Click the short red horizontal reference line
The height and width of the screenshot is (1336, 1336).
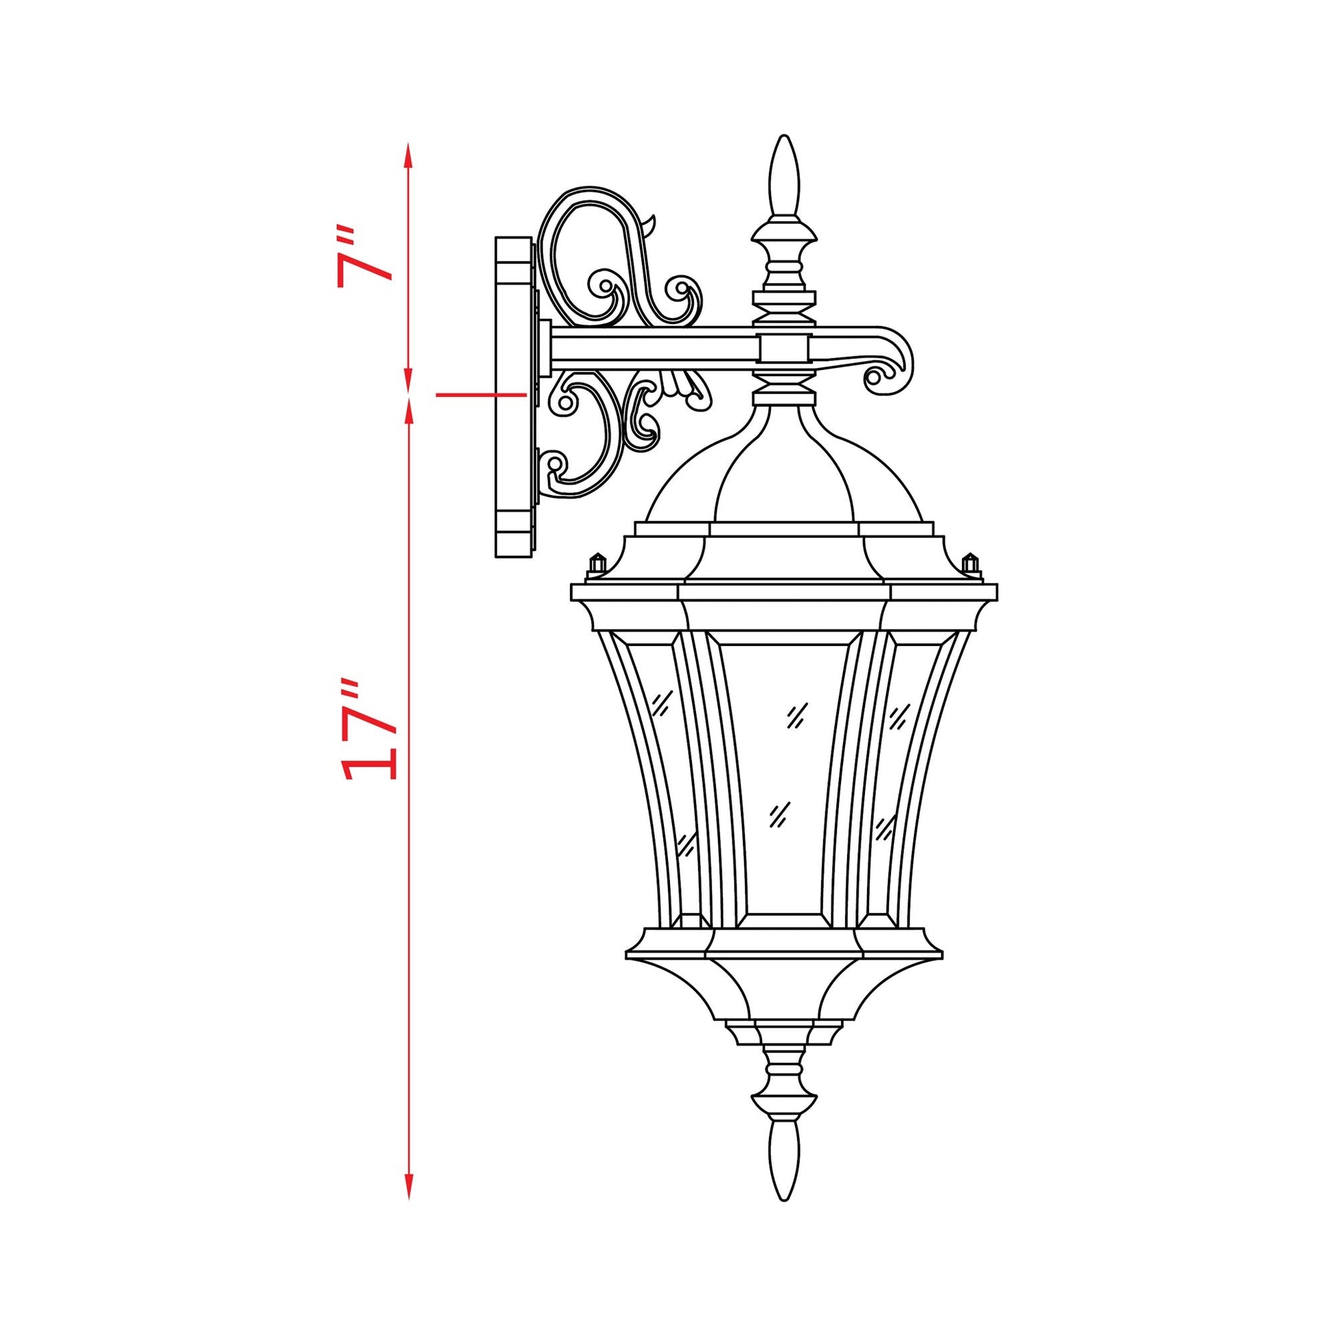(x=481, y=395)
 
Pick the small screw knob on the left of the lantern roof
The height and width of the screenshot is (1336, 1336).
(x=596, y=564)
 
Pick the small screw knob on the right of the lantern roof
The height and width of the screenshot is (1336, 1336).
(x=971, y=564)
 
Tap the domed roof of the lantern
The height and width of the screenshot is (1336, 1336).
(x=783, y=477)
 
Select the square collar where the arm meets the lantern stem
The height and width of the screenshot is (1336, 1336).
(x=783, y=350)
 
